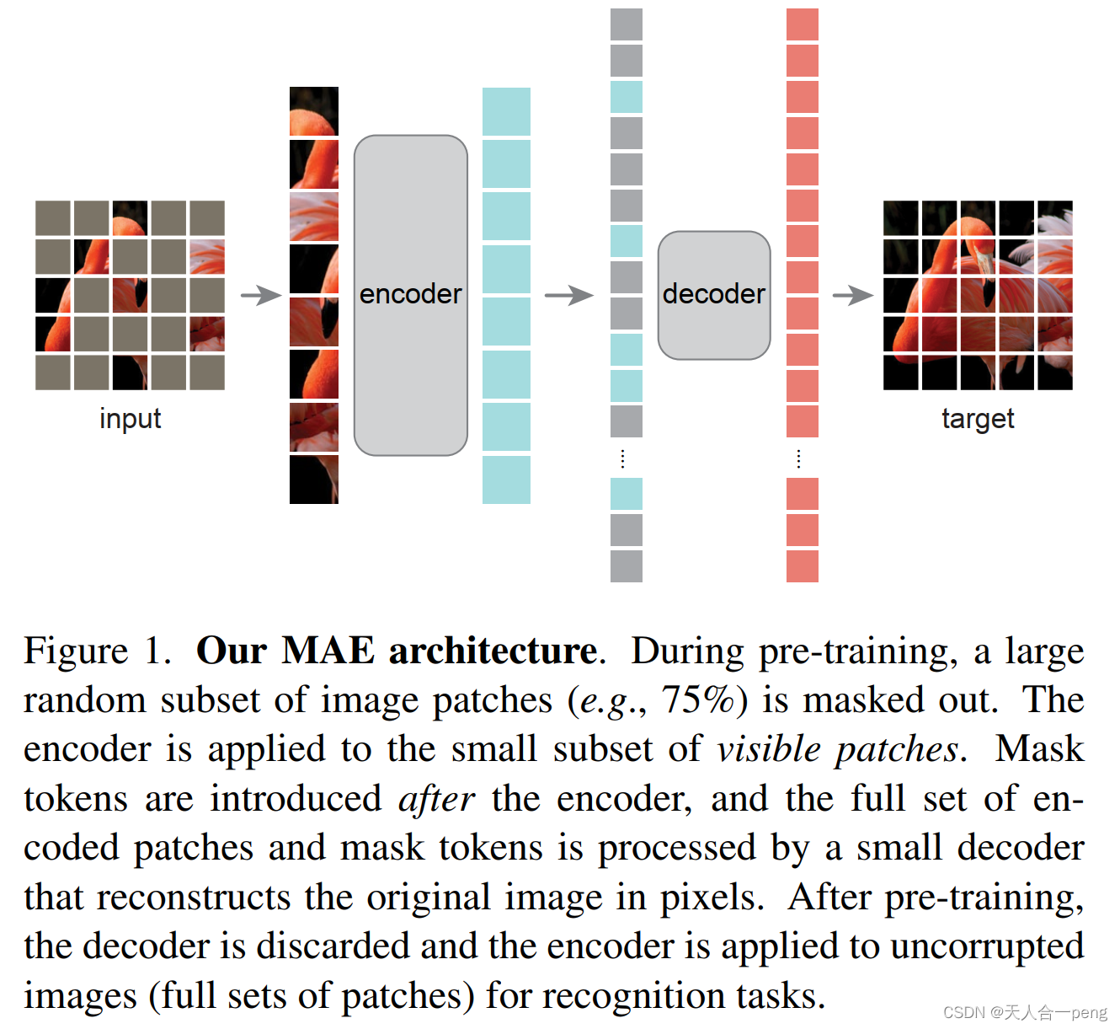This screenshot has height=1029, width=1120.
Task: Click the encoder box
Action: pyautogui.click(x=410, y=295)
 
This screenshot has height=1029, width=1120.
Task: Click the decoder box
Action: pyautogui.click(x=713, y=295)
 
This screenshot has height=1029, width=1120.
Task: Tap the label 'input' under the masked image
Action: pyautogui.click(x=130, y=419)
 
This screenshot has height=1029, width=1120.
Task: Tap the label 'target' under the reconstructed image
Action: pyautogui.click(x=977, y=419)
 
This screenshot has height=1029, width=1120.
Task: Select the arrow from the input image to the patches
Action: pyautogui.click(x=261, y=296)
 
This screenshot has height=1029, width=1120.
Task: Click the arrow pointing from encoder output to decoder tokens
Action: pyautogui.click(x=569, y=296)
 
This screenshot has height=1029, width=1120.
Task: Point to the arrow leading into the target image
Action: pyautogui.click(x=853, y=296)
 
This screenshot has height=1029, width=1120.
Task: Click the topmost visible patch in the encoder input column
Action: pyautogui.click(x=314, y=111)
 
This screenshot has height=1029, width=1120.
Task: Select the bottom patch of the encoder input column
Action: pyautogui.click(x=314, y=480)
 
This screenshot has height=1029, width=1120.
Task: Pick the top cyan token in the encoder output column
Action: pyautogui.click(x=506, y=111)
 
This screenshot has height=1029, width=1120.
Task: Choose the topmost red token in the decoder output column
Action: pyautogui.click(x=802, y=24)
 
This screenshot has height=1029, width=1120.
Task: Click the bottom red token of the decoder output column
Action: pyautogui.click(x=802, y=565)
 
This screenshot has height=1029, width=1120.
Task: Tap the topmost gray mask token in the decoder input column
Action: pyautogui.click(x=626, y=24)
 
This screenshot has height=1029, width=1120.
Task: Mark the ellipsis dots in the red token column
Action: pyautogui.click(x=798, y=458)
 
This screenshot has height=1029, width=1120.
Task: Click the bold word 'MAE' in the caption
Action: pyautogui.click(x=328, y=651)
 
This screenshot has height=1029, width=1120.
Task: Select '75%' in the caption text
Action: pyautogui.click(x=698, y=699)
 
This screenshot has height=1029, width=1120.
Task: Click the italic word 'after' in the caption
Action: pyautogui.click(x=436, y=799)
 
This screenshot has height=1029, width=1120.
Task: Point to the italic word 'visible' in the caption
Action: pyautogui.click(x=769, y=749)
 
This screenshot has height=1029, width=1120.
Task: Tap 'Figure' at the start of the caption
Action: pyautogui.click(x=76, y=651)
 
